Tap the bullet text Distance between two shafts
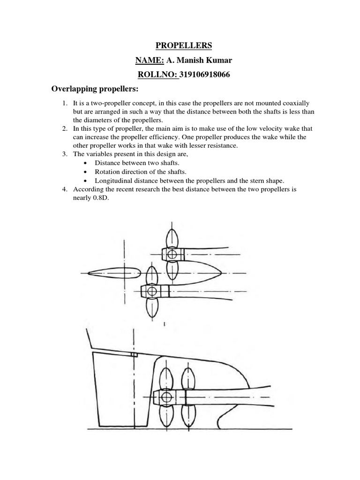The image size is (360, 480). pos(132,163)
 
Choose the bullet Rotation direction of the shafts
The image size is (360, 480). pos(139,171)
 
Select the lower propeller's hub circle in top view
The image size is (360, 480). pos(151,292)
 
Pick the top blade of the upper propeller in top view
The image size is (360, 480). pos(171,237)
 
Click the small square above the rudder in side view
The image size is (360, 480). pos(135,354)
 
